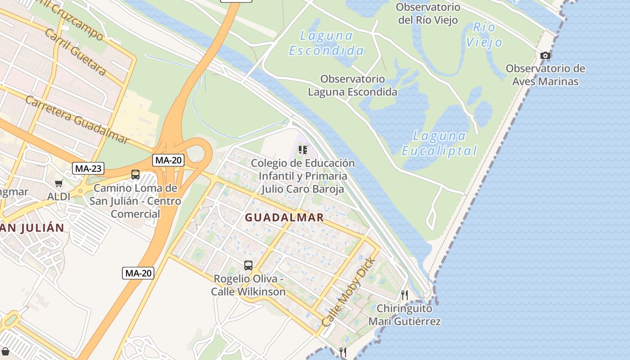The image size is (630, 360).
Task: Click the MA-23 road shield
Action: (88, 169)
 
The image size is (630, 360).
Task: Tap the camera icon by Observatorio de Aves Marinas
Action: (545, 55)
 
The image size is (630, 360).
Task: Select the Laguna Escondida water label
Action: (326, 43)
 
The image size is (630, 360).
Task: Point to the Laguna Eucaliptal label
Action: (439, 143)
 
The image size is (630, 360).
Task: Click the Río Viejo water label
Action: (484, 35)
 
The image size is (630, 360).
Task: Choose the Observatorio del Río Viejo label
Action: (428, 13)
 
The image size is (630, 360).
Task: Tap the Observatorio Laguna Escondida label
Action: (352, 85)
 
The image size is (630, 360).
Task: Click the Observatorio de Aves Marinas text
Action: (545, 75)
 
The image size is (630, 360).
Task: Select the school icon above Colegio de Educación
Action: (303, 150)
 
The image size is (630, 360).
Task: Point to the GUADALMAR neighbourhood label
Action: (284, 218)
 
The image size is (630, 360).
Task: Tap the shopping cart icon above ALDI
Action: (59, 183)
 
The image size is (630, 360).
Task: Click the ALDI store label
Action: (59, 197)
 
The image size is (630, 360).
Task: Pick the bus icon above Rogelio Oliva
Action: (248, 265)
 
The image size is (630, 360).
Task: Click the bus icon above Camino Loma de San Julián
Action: (135, 175)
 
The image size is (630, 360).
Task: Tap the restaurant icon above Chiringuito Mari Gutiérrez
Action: (405, 295)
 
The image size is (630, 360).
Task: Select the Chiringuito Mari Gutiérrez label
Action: (405, 315)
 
